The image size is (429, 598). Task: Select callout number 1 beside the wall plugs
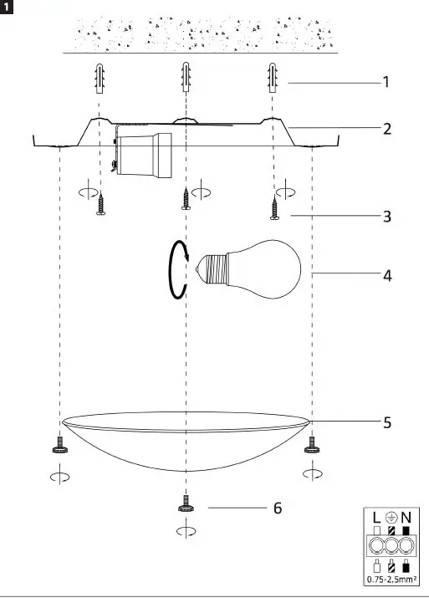tap(386, 83)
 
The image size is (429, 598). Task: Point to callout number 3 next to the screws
tap(386, 217)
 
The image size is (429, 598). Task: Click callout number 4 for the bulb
tap(386, 274)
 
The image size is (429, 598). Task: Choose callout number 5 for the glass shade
tap(386, 422)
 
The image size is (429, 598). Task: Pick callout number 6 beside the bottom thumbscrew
tap(277, 508)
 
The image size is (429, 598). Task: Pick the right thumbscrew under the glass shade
tap(313, 444)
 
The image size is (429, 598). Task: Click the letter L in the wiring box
tap(375, 518)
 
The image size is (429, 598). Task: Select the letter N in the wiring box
tap(406, 518)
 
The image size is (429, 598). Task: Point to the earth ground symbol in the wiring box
tap(391, 518)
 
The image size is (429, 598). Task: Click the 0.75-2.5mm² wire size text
tap(391, 578)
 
